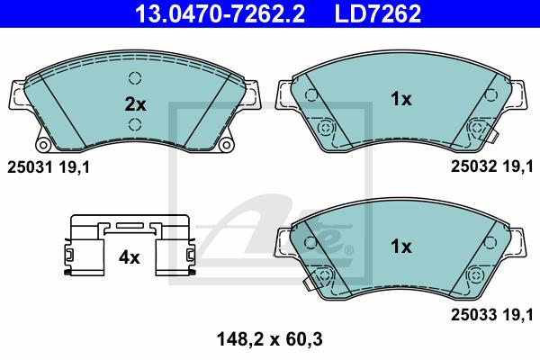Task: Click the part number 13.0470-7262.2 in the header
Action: click(220, 13)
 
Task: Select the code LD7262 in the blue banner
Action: click(378, 13)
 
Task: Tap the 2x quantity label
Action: click(135, 104)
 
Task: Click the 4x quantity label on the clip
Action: click(129, 257)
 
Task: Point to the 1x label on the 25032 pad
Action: click(400, 99)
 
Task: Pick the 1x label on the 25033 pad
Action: click(400, 247)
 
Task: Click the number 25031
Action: click(30, 167)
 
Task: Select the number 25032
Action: click(474, 166)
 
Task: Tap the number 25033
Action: click(474, 314)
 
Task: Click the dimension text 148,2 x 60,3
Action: click(270, 339)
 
